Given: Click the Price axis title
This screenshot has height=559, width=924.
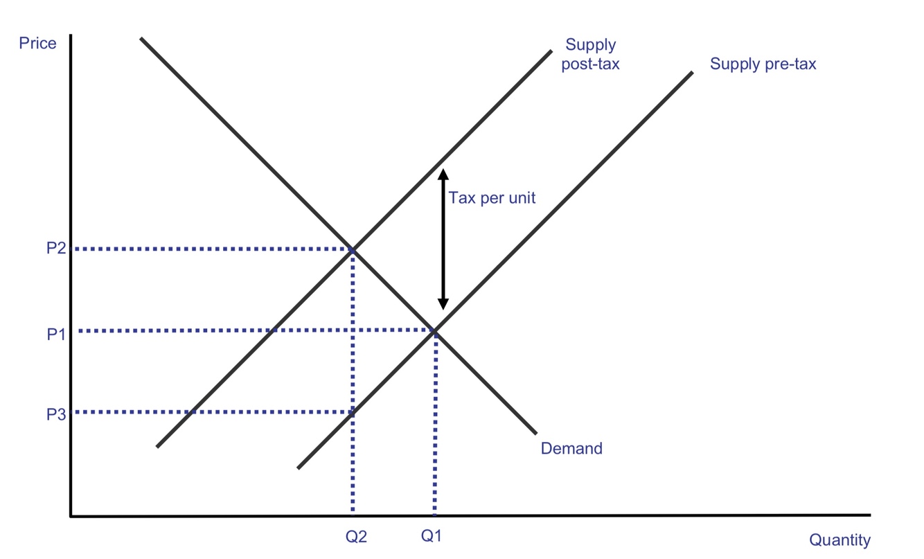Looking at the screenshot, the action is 37,43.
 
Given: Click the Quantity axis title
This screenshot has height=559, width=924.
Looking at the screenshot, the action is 839,540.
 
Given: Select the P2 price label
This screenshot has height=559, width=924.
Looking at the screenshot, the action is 56,248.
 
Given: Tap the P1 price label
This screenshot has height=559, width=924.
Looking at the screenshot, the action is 56,335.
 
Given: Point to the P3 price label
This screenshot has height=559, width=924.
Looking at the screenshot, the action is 56,414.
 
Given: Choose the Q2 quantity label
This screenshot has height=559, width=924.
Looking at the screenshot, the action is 355,535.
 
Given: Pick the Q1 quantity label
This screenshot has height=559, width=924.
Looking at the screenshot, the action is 430,535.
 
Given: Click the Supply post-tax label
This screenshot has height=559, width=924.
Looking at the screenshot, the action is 591,55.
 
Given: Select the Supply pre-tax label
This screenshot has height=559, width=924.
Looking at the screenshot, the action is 763,64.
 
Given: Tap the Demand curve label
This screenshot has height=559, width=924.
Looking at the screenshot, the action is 571,448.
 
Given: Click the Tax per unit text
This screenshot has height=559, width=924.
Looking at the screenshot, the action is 492,198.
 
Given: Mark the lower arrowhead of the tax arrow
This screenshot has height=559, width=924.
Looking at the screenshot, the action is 443,305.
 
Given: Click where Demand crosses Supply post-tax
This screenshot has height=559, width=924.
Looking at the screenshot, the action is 353,249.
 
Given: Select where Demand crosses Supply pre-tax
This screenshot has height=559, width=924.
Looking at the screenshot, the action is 434,331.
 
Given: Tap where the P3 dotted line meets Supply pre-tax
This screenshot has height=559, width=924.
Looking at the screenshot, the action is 353,412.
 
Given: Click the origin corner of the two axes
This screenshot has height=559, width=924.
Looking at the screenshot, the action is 71,515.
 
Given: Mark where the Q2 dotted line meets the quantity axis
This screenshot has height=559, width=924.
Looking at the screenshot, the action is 353,515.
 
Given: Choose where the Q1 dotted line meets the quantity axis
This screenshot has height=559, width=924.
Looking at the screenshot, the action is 434,515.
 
